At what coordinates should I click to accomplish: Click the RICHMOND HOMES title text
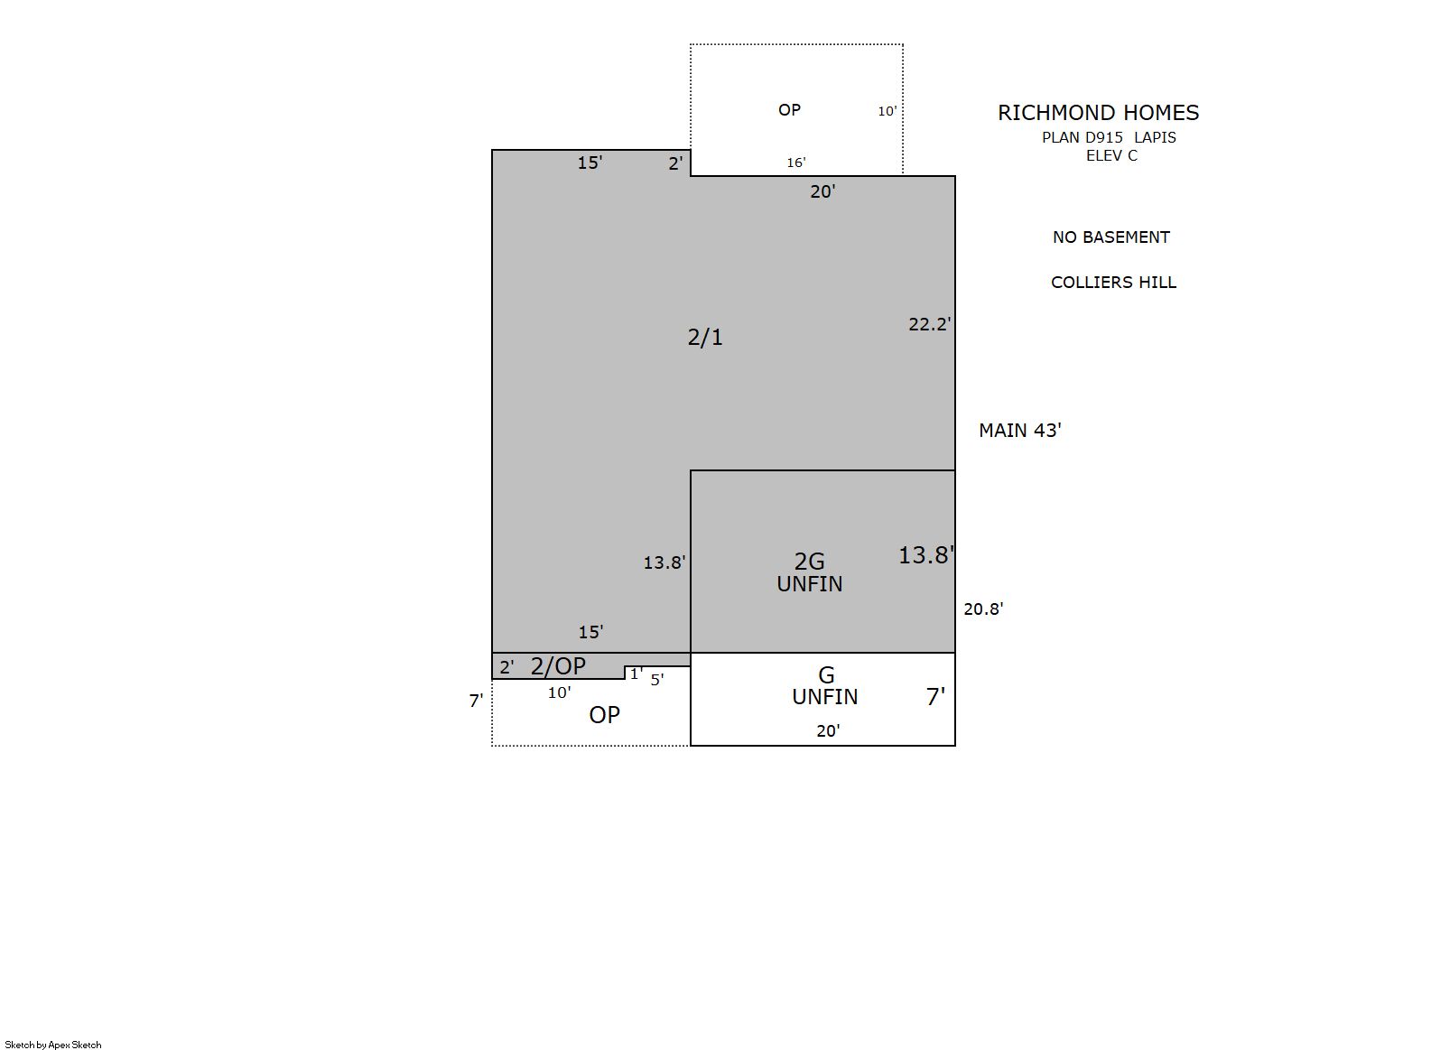coord(1098,113)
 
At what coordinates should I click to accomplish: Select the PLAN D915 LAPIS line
coord(1109,137)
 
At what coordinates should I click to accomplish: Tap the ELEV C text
coord(1111,155)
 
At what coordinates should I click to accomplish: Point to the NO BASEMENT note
coord(1110,237)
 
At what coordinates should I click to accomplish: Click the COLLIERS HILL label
coord(1113,283)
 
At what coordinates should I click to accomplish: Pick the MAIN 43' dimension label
coord(1020,431)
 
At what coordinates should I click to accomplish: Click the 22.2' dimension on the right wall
coord(930,324)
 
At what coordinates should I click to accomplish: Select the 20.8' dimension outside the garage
coord(984,609)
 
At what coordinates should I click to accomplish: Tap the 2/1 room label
coord(705,338)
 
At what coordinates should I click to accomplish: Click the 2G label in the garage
coord(810,562)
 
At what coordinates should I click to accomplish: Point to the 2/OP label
coord(558,666)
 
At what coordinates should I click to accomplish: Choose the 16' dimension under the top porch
coord(796,163)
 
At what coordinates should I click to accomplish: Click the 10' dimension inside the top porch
coord(887,111)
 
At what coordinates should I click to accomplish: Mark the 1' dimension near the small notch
coord(637,674)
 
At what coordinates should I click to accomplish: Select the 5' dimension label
coord(657,680)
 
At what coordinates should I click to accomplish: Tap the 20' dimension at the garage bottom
coord(828,730)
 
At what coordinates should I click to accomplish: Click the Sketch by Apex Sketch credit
coord(53,1045)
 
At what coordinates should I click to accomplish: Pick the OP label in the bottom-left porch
coord(604,715)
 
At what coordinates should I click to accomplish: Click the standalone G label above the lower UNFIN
coord(826,675)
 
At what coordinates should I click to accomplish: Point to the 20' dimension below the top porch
coord(822,191)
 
